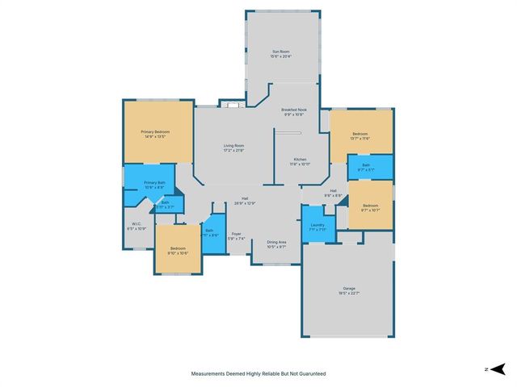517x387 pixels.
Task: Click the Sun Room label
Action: coord(281,52)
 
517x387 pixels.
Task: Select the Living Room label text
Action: coord(233,145)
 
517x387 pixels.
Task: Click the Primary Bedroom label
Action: coord(158,131)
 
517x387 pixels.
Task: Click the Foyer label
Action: coord(236,233)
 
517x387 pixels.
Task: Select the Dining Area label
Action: coord(277,242)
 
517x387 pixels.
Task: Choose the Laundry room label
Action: coord(317,225)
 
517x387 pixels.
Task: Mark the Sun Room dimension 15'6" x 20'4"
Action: coord(281,56)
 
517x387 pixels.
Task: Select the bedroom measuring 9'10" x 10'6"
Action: coord(177,249)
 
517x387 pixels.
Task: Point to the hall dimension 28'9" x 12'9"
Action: coord(246,203)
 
